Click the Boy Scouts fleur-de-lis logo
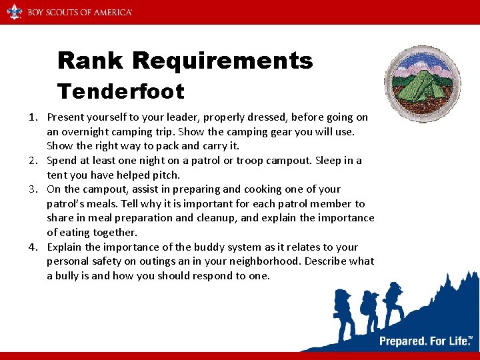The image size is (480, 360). [x=14, y=11]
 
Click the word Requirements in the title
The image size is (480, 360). [x=223, y=61]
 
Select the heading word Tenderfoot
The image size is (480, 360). [x=121, y=90]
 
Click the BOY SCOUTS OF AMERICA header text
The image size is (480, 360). [x=79, y=12]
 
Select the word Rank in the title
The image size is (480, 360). [x=92, y=61]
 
